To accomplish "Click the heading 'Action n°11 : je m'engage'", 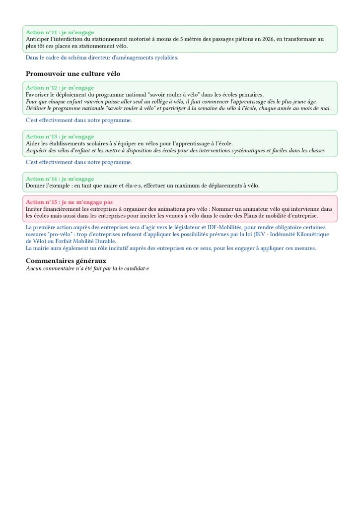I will [60, 32].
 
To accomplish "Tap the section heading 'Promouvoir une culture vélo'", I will [73, 74].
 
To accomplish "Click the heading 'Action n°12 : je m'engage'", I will [60, 88].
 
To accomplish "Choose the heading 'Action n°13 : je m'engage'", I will [60, 136].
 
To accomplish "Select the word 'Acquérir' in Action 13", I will [37, 150].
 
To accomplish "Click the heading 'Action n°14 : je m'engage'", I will [60, 179].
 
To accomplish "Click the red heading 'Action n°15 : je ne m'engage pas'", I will [69, 202].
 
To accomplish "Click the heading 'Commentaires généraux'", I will [66, 260].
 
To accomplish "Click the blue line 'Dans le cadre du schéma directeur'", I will [102, 58].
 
